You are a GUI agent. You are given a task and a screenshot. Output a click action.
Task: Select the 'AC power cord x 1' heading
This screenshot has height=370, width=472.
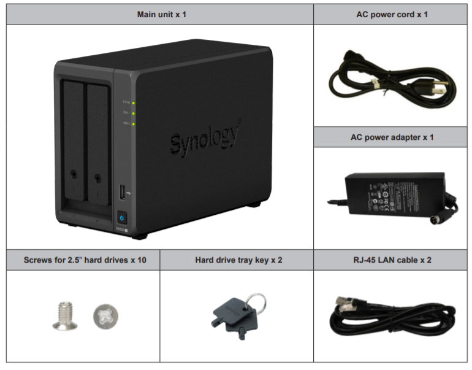click(392, 13)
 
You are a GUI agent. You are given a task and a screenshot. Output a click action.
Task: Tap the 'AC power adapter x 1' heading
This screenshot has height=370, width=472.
click(392, 137)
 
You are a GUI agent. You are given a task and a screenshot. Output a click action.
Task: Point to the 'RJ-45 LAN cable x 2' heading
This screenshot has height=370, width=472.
click(392, 260)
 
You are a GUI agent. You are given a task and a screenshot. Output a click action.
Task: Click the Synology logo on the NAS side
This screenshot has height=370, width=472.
click(204, 141)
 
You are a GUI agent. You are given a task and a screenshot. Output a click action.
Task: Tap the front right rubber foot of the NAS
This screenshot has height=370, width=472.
click(139, 235)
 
